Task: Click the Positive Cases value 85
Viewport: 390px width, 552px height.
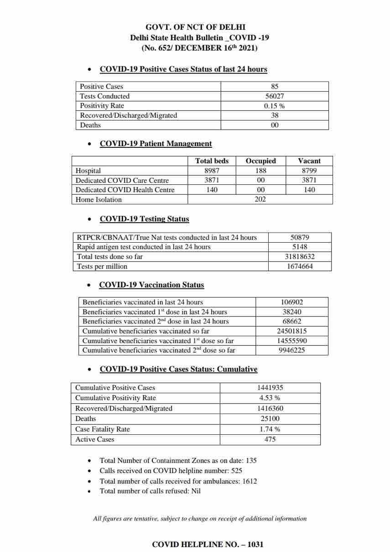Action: point(275,86)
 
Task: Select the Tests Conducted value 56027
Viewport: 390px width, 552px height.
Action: point(275,96)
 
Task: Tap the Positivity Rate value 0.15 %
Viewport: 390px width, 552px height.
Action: point(275,106)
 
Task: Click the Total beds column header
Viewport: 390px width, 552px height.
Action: point(212,161)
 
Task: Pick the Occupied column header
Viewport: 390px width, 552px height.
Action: point(260,161)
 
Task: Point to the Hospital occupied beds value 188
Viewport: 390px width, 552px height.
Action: point(260,171)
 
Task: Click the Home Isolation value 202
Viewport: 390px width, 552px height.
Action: point(260,199)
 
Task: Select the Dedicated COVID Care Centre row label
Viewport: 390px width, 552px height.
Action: point(122,180)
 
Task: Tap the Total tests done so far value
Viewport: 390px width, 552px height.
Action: point(300,257)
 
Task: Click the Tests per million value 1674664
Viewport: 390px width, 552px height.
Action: point(300,266)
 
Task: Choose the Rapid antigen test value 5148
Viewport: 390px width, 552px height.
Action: point(300,247)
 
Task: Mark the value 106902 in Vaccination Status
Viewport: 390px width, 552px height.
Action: point(292,302)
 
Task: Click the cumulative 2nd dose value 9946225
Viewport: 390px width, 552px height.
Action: point(292,350)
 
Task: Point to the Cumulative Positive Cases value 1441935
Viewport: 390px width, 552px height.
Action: point(270,388)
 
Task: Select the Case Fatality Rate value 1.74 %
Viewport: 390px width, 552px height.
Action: point(270,429)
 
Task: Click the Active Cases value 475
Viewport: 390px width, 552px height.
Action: point(270,439)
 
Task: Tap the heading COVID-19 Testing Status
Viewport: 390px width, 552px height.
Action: point(144,219)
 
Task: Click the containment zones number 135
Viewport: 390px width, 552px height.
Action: point(251,460)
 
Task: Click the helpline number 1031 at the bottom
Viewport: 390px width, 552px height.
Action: point(255,544)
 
